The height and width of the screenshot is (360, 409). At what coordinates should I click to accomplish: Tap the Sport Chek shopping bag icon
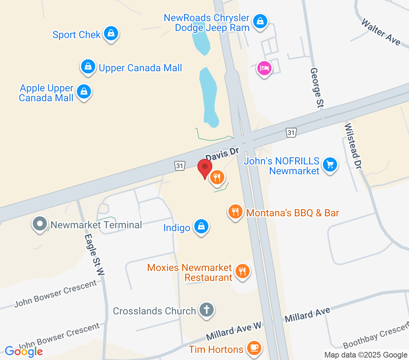tap(111, 34)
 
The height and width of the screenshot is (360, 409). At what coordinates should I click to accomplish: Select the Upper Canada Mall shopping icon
tap(88, 66)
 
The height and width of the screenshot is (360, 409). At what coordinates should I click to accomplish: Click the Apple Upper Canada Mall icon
tap(84, 91)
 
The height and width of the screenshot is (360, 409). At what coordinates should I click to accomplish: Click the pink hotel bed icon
tap(264, 68)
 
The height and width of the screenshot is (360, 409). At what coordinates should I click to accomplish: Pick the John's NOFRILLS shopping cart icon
tap(330, 164)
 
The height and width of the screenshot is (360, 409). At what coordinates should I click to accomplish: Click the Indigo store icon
tap(201, 227)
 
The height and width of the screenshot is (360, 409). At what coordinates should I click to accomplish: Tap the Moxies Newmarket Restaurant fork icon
tap(242, 271)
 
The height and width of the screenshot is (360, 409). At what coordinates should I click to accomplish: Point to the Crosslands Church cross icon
tap(207, 310)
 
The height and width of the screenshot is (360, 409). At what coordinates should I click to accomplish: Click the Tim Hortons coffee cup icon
tap(254, 348)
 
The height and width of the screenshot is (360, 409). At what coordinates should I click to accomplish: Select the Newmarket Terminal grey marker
tap(39, 224)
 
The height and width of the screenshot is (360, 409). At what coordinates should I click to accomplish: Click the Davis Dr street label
tap(222, 154)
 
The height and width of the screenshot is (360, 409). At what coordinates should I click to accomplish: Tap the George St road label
tap(316, 88)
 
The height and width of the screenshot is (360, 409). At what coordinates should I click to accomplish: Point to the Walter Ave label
tap(381, 32)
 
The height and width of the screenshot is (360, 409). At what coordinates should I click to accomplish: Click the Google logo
tap(24, 351)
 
